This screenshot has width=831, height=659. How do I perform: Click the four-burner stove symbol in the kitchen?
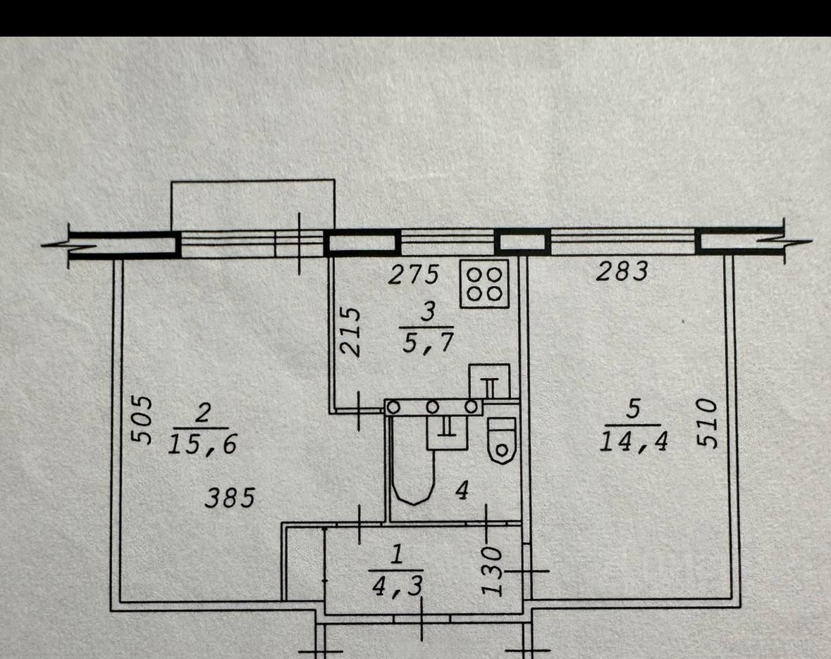pyautogui.click(x=484, y=284)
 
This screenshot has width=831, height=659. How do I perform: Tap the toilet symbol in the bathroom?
pyautogui.click(x=502, y=440)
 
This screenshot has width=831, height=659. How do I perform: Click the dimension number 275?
pyautogui.click(x=414, y=274)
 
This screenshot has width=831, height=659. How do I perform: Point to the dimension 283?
pyautogui.click(x=621, y=272)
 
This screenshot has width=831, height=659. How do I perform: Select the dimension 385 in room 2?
pyautogui.click(x=229, y=498)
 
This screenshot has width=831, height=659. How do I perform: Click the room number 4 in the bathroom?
pyautogui.click(x=462, y=491)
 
